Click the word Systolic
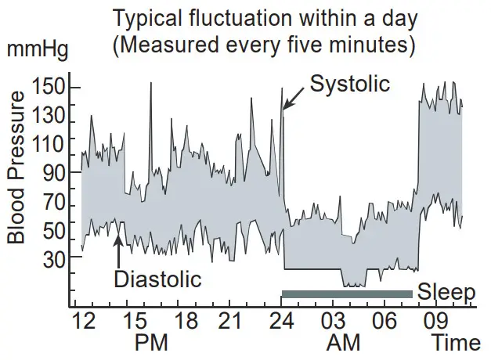[350, 84]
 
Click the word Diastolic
[157, 278]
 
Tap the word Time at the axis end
[456, 343]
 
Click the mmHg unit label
[38, 52]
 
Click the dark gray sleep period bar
[347, 294]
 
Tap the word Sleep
[446, 293]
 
